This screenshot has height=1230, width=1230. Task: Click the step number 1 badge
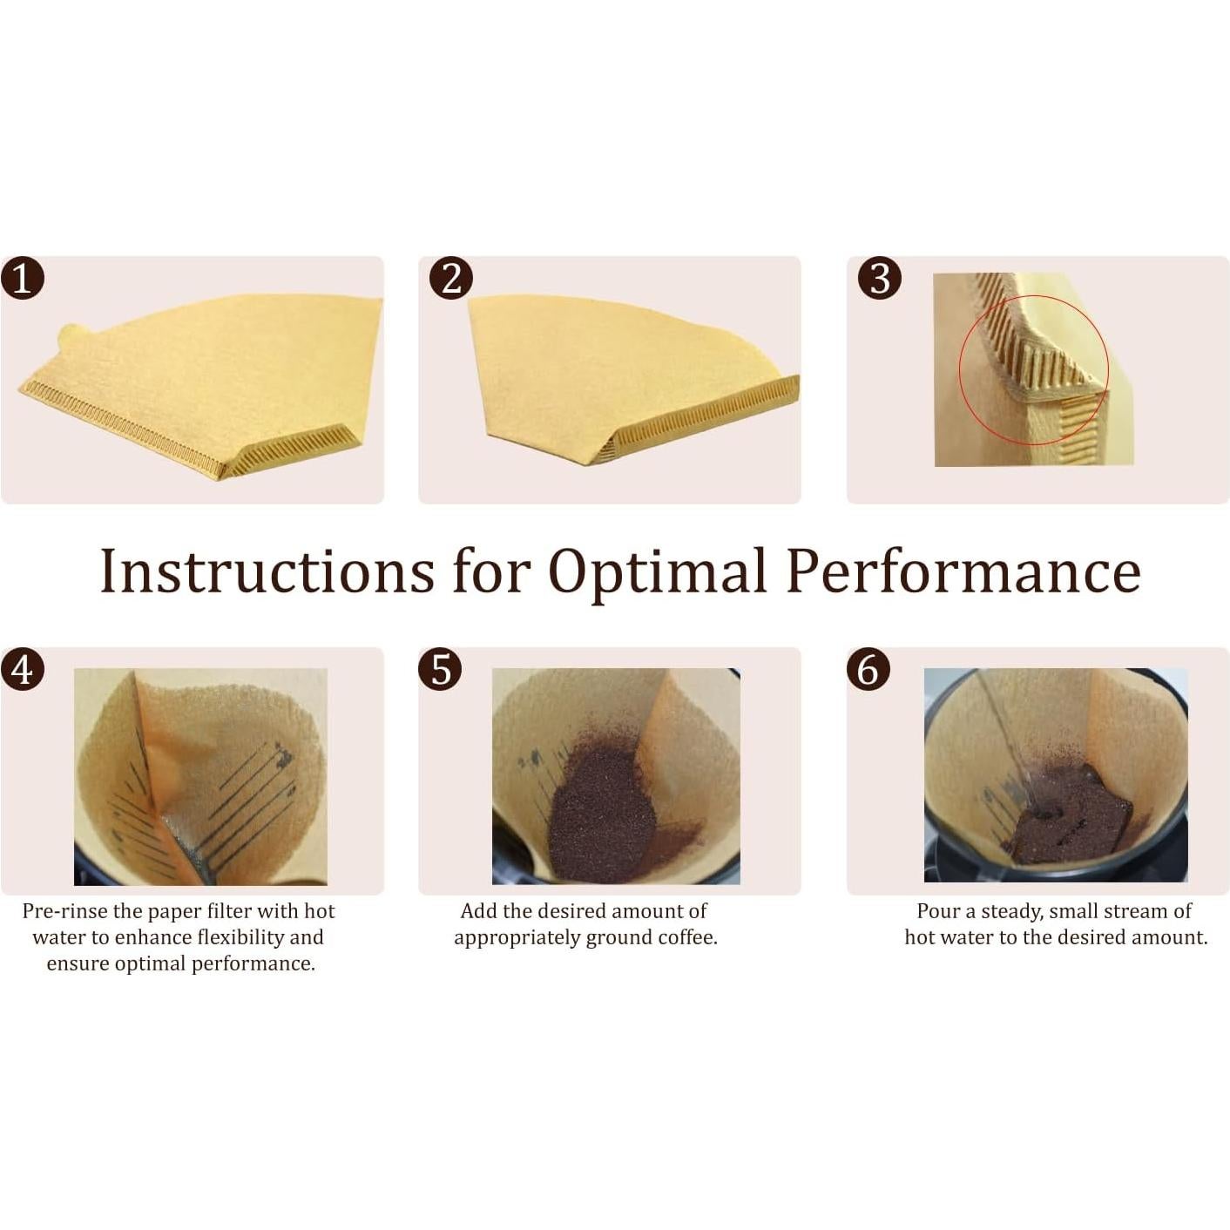pyautogui.click(x=23, y=278)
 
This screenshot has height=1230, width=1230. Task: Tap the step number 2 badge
pyautogui.click(x=450, y=278)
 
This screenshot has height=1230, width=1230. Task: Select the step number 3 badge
pyautogui.click(x=880, y=278)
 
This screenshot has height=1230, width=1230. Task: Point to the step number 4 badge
pyautogui.click(x=23, y=670)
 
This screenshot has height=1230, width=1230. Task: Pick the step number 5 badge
pyautogui.click(x=441, y=670)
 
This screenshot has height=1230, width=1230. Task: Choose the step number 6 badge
pyautogui.click(x=868, y=670)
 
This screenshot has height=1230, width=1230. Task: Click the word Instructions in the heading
pyautogui.click(x=267, y=570)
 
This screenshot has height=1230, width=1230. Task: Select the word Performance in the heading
pyautogui.click(x=963, y=570)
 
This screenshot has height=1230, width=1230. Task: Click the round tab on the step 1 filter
pyautogui.click(x=71, y=337)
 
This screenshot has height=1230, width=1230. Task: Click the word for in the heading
pyautogui.click(x=491, y=570)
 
